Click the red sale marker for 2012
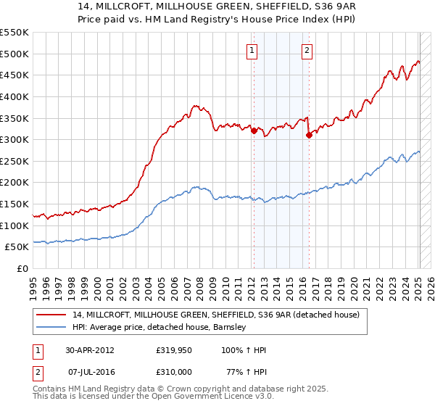[x=254, y=131]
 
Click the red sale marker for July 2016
[x=308, y=135]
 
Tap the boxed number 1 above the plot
[x=252, y=50]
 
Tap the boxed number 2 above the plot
[x=307, y=50]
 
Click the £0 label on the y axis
[x=22, y=268]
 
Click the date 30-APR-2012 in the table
[x=91, y=350]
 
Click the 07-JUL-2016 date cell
[x=92, y=372]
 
